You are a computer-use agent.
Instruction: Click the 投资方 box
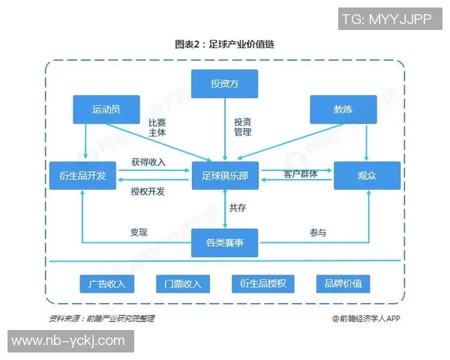coord(224,83)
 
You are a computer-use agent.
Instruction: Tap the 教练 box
coord(343,109)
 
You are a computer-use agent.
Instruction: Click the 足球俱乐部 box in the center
coord(224,175)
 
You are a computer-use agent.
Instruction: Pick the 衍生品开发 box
coord(82,175)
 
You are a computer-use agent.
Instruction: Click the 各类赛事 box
coord(224,243)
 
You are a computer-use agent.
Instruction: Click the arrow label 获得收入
coord(148,162)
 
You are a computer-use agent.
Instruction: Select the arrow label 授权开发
coord(148,191)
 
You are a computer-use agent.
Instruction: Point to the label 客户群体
coord(300,174)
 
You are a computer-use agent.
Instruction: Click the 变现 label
coord(138,232)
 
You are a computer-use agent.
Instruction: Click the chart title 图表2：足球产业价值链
coord(224,44)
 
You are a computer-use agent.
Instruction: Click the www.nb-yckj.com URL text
coord(67,340)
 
